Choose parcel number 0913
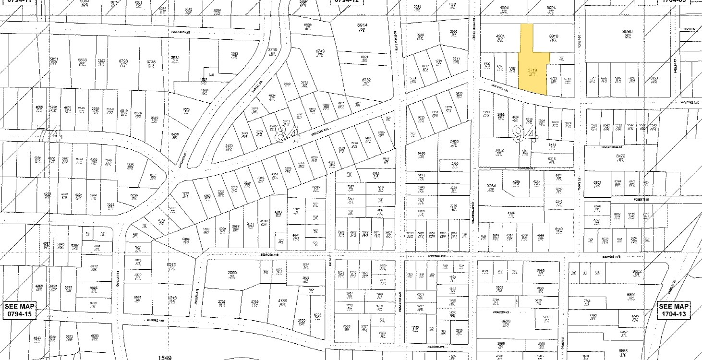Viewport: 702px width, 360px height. [171, 264]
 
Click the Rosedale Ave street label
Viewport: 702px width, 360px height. [181, 32]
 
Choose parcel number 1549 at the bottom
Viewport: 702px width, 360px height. [165, 357]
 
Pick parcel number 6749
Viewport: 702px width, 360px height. [320, 51]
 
